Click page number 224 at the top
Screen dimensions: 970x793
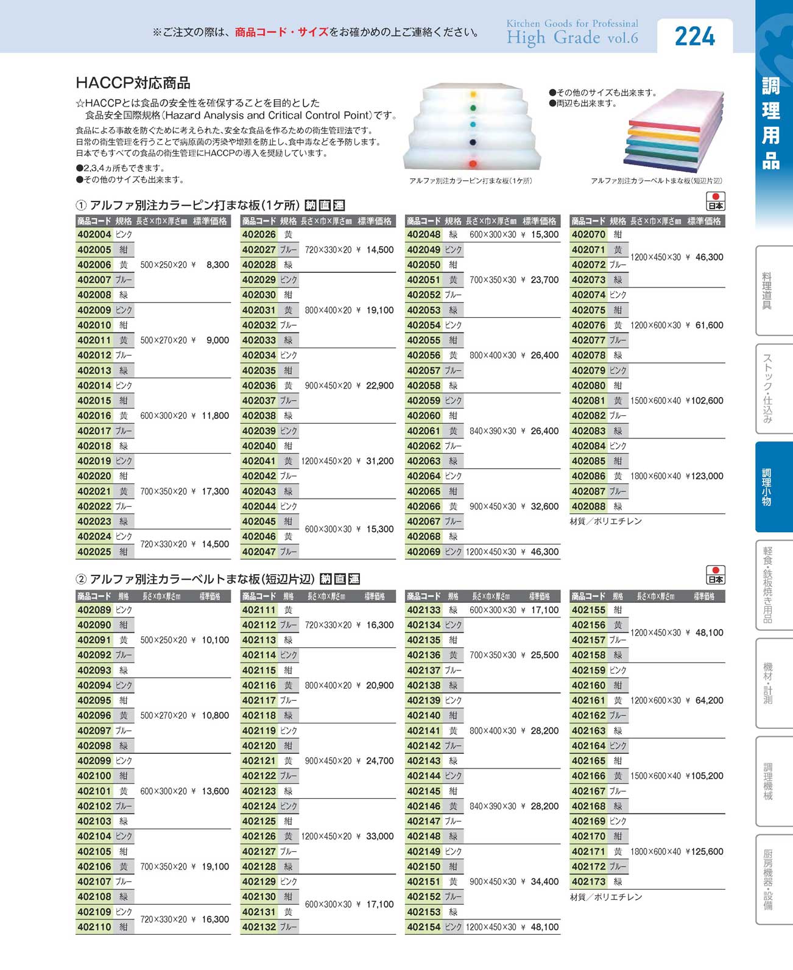click(695, 37)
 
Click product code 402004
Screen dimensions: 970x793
click(94, 234)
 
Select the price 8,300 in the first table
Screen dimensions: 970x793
click(217, 265)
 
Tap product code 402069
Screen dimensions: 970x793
click(423, 552)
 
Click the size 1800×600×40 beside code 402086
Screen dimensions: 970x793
click(655, 476)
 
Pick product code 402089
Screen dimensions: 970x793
click(94, 610)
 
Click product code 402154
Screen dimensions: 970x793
click(423, 927)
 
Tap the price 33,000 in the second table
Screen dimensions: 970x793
click(379, 836)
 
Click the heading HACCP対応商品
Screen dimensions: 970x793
click(133, 83)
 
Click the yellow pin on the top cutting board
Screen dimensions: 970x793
click(473, 94)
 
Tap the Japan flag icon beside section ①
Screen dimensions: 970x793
click(716, 201)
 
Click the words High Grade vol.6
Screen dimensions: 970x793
click(572, 38)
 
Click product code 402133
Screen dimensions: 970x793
click(423, 610)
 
